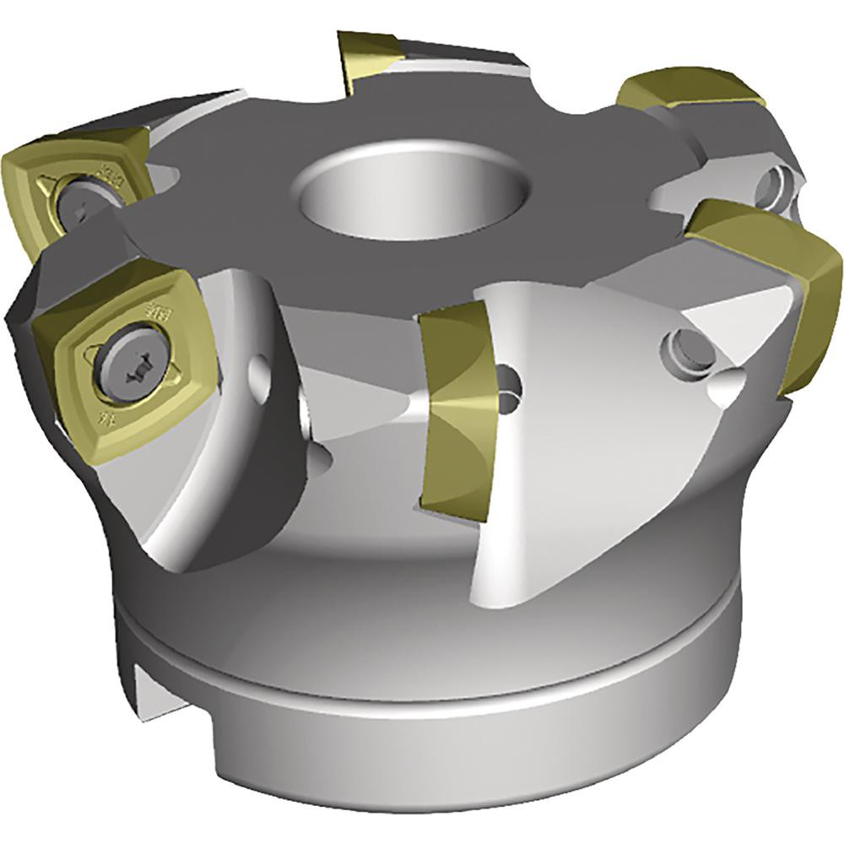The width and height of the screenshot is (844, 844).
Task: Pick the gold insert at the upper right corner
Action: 688,89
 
